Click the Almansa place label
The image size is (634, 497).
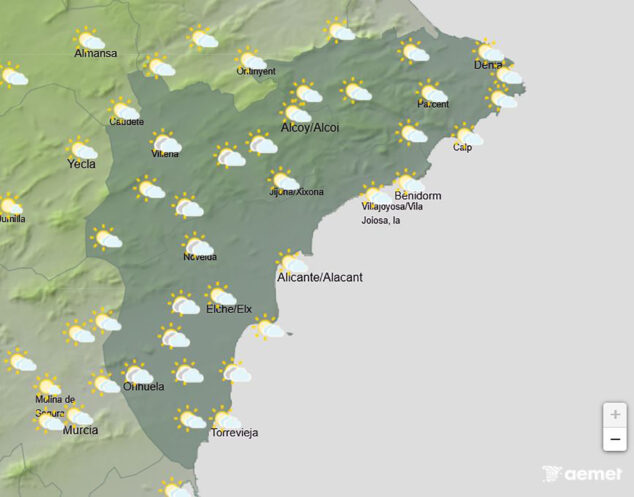pyautogui.click(x=95, y=53)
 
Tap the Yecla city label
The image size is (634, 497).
pyautogui.click(x=82, y=164)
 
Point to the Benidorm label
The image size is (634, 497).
pyautogui.click(x=418, y=195)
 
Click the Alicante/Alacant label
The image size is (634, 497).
pyautogui.click(x=319, y=276)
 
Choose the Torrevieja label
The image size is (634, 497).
pyautogui.click(x=234, y=433)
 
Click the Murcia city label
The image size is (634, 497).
pyautogui.click(x=80, y=430)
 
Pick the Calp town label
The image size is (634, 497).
pyautogui.click(x=462, y=148)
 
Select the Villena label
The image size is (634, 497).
pyautogui.click(x=165, y=155)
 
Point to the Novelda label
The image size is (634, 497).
pyautogui.click(x=199, y=257)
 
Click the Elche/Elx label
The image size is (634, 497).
pyautogui.click(x=228, y=310)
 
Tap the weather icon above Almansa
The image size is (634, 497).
pyautogui.click(x=90, y=39)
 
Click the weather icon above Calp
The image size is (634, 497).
pyautogui.click(x=468, y=135)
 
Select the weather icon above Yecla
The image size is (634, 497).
pyautogui.click(x=82, y=149)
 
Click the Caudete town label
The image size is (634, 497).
pyautogui.click(x=125, y=122)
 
